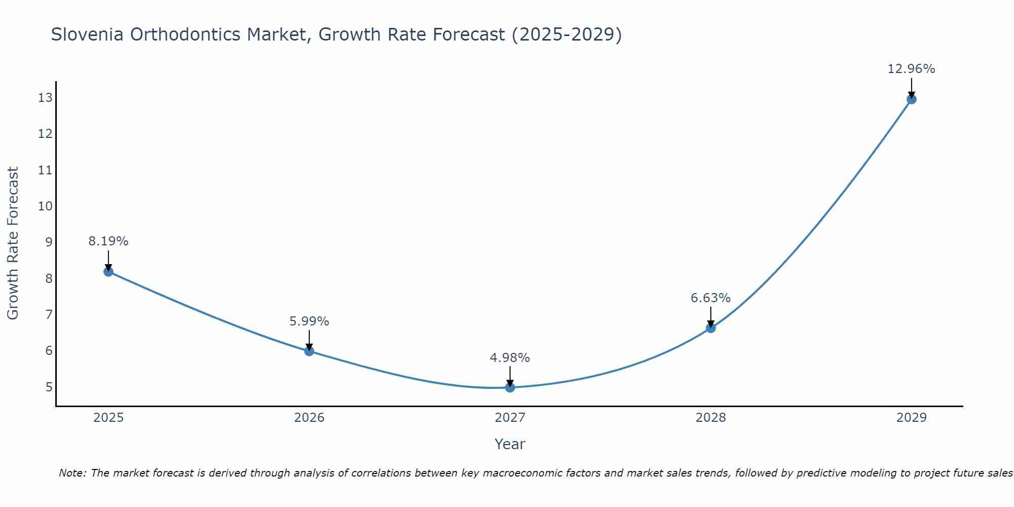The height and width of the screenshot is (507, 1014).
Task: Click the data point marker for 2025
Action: coord(108,272)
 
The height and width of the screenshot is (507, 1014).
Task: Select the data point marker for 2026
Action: coord(309,351)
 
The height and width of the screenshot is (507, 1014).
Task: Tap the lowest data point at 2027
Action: coord(510,387)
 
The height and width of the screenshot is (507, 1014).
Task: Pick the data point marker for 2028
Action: coord(711,328)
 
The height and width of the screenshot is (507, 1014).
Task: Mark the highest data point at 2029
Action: coord(912,99)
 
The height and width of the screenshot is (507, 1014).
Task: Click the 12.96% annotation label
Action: coord(911,69)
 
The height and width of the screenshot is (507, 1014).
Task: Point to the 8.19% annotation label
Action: coord(108,241)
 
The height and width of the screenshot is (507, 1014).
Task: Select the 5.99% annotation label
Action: coord(309,321)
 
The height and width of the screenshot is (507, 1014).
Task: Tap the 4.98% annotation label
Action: coord(510,358)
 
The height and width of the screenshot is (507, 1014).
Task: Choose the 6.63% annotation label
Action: coord(711,298)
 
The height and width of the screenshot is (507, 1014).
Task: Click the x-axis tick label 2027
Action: coord(510,418)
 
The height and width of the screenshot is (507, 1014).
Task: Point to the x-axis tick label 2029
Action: coord(912,418)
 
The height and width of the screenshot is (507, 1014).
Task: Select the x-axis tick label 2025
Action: coord(108,418)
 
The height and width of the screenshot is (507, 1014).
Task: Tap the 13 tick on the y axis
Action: coord(45,98)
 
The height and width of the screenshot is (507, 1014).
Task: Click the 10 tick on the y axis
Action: coord(45,206)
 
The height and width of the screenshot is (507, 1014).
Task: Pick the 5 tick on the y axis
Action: coord(49,387)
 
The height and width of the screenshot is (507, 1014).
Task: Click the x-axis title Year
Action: coord(510,444)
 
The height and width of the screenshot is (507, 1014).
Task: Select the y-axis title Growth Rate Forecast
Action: coord(13,243)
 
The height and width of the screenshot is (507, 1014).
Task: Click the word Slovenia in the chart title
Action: coord(87,34)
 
